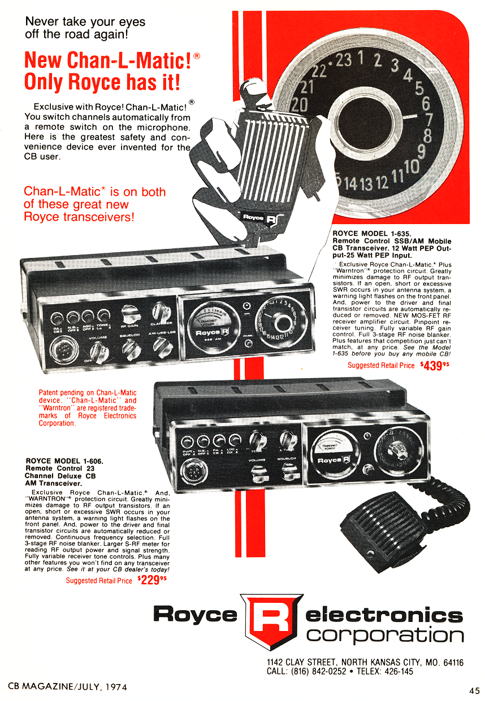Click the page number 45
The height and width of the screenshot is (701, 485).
(x=474, y=689)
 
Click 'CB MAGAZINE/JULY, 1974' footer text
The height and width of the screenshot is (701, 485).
(x=67, y=687)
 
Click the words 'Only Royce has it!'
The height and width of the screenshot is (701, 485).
(x=102, y=81)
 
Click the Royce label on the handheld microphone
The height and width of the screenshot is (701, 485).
(x=257, y=218)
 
